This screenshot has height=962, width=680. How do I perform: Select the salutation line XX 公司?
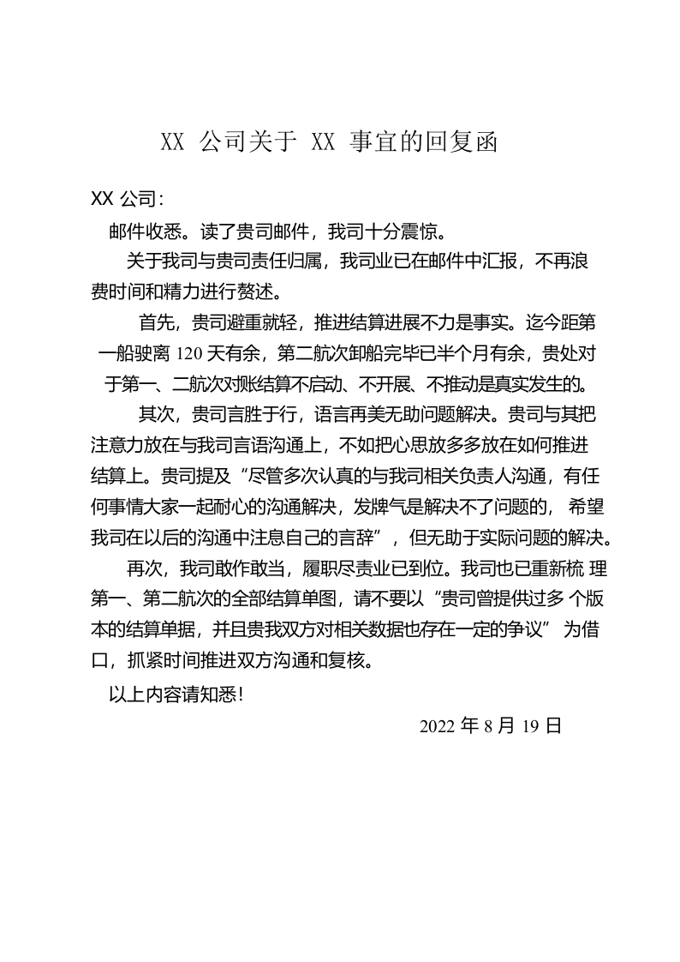click(x=127, y=199)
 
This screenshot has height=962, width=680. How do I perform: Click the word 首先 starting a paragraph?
click(x=158, y=323)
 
